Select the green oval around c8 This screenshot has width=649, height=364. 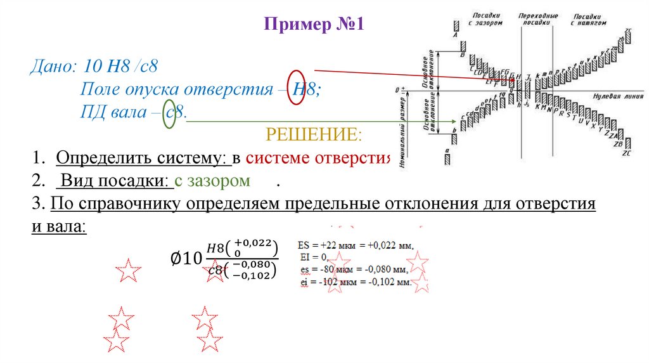[169, 114]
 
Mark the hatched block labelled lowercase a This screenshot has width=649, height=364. [447, 159]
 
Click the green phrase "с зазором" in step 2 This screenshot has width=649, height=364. [213, 181]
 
